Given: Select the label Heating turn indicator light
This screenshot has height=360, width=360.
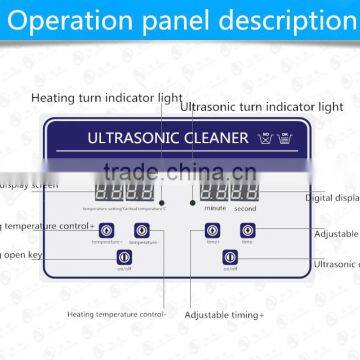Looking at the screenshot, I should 106,98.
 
